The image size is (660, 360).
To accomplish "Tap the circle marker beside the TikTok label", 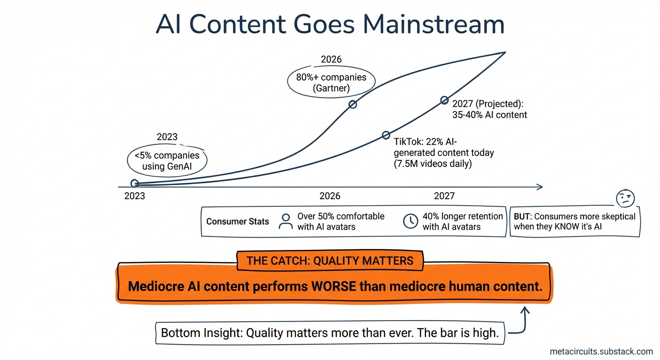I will pos(386,135).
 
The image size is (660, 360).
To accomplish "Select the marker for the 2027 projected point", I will pos(444,100).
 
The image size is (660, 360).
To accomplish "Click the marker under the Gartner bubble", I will pos(353,105).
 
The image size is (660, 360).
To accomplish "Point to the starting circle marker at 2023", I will pos(135,184).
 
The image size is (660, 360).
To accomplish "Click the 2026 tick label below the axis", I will pos(330,196).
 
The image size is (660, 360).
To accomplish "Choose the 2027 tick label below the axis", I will pos(444,196).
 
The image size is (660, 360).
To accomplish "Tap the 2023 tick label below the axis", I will pos(135,196).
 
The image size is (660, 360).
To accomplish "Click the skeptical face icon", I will pos(625,198).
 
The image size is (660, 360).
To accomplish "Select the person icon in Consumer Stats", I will pos(285,221).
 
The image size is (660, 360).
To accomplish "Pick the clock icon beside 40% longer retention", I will pos(411,221).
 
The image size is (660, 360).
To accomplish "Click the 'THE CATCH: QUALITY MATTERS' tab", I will pos(330,261).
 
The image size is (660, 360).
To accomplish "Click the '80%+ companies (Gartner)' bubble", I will pos(331,82).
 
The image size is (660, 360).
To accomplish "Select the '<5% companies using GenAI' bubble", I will pos(166,161).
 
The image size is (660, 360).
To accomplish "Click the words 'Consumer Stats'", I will pos(238,221).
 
